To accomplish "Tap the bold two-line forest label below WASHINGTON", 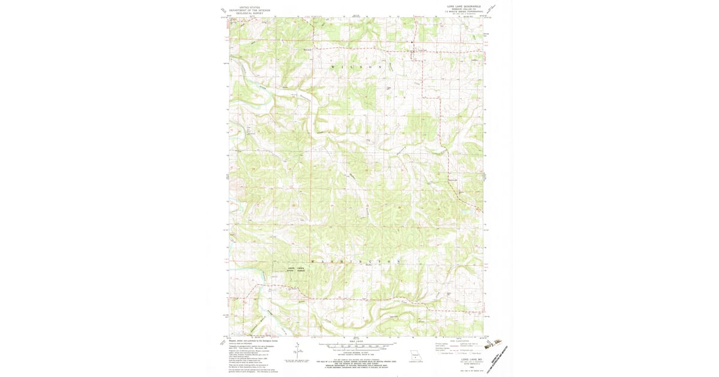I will pos(296,269).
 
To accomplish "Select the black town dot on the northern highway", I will pos(412,42).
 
